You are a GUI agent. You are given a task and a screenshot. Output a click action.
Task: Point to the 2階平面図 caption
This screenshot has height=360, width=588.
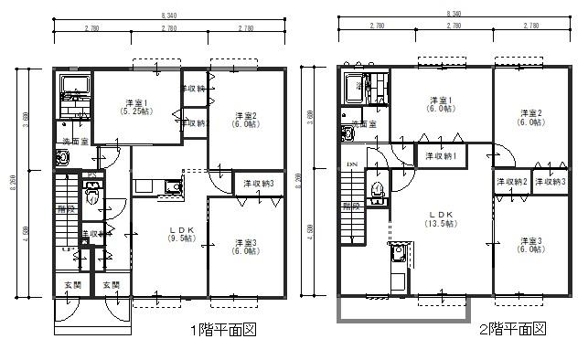coord(513,329)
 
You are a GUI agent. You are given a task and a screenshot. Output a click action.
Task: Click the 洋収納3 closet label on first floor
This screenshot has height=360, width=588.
coord(259,184)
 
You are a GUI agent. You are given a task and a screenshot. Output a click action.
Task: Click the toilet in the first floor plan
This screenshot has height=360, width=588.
coord(91,194)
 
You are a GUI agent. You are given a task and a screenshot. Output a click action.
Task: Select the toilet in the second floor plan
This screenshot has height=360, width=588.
coord(378,191)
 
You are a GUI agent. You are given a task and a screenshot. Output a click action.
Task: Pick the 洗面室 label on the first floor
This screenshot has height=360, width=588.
coord(75,141)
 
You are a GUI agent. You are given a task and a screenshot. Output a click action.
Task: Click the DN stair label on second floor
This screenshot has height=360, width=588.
coord(352,164)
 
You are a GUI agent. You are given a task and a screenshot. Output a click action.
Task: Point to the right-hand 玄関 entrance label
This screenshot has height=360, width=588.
coord(111,285)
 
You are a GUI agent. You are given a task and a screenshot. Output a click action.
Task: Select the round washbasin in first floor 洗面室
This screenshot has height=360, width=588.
coord(63,158)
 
